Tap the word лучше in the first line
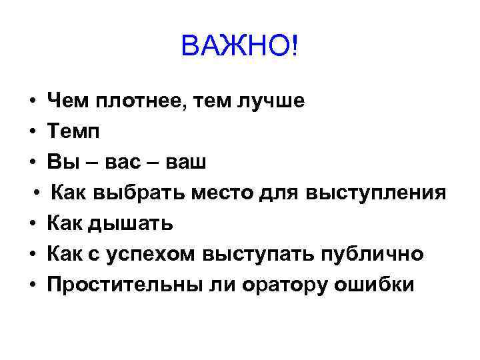pos(269,101)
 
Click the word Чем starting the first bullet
pos(67,101)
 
